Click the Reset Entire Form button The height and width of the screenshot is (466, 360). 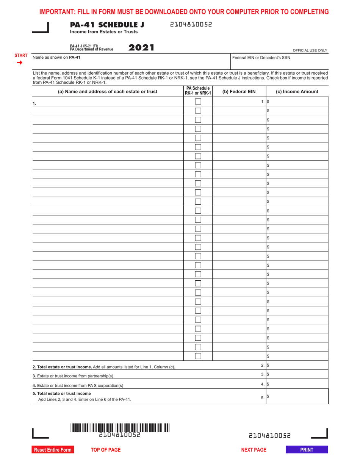pyautogui.click(x=53, y=450)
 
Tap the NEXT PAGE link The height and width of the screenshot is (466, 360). pyautogui.click(x=254, y=450)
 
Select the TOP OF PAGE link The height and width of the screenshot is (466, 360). pyautogui.click(x=106, y=450)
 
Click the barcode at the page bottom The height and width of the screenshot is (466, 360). pyautogui.click(x=120, y=428)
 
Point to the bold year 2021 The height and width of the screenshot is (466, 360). pyautogui.click(x=142, y=48)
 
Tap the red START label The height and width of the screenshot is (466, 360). pyautogui.click(x=21, y=55)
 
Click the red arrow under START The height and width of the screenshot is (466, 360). pyautogui.click(x=20, y=62)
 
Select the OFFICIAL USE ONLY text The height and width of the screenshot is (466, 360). pyautogui.click(x=310, y=50)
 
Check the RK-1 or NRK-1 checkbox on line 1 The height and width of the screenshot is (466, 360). pyautogui.click(x=198, y=102)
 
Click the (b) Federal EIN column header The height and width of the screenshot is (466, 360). pyautogui.click(x=239, y=91)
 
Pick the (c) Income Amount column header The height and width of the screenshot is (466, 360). pyautogui.click(x=297, y=91)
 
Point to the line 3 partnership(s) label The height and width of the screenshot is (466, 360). pyautogui.click(x=73, y=376)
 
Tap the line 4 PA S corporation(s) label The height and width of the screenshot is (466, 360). pyautogui.click(x=78, y=385)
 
